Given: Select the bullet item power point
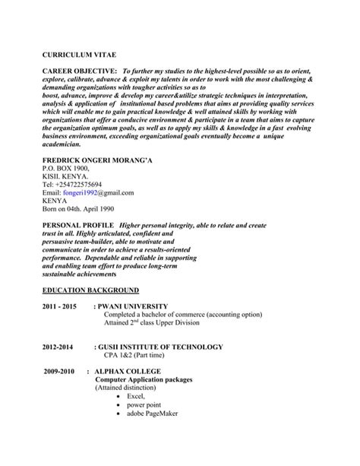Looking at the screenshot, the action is [x=144, y=405].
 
